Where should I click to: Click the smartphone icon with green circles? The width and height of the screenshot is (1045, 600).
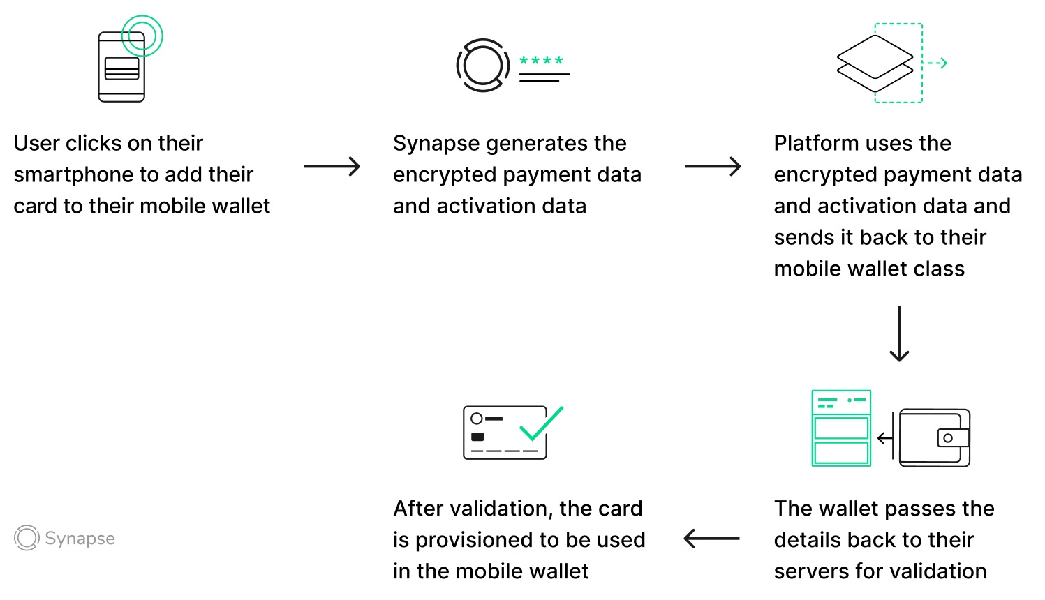122,67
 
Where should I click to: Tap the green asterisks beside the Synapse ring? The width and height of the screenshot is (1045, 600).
541,61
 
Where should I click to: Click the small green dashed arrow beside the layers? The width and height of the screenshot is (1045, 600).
936,63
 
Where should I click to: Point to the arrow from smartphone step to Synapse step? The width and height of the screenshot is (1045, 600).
332,167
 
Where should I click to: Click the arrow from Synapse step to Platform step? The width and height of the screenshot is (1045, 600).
712,167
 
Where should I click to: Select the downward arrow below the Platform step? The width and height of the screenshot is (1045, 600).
899,333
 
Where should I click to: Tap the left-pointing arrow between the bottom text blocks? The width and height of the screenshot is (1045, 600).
711,539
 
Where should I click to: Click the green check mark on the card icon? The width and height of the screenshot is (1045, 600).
541,423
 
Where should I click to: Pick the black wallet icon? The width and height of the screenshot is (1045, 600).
935,437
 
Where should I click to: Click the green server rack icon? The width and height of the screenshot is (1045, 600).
841,428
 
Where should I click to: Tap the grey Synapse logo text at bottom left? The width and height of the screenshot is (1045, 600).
80,539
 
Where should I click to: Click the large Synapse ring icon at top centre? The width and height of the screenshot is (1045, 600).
483,66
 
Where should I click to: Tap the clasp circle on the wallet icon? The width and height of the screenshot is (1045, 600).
947,438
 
